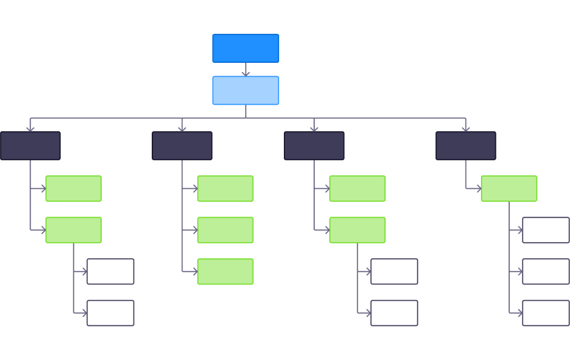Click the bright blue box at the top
pyautogui.click(x=245, y=48)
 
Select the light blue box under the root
pyautogui.click(x=245, y=90)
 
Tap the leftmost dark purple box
pyautogui.click(x=30, y=145)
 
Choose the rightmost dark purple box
pyautogui.click(x=465, y=145)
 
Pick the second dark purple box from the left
pyautogui.click(x=182, y=145)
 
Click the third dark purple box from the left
pyautogui.click(x=314, y=145)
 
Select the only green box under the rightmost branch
pyautogui.click(x=509, y=188)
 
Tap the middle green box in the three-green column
pyautogui.click(x=225, y=230)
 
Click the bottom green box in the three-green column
pyautogui.click(x=225, y=272)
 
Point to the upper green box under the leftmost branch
pyautogui.click(x=73, y=188)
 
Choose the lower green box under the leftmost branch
pyautogui.click(x=73, y=230)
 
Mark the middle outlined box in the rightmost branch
pyautogui.click(x=545, y=272)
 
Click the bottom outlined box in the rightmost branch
pyautogui.click(x=545, y=313)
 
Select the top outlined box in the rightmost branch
pyautogui.click(x=545, y=230)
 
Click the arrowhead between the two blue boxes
pyautogui.click(x=246, y=73)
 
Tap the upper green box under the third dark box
pyautogui.click(x=357, y=188)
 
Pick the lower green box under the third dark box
pyautogui.click(x=357, y=230)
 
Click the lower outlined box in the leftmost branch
pyautogui.click(x=110, y=313)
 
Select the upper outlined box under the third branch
pyautogui.click(x=394, y=272)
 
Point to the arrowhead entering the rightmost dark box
pyautogui.click(x=465, y=128)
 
